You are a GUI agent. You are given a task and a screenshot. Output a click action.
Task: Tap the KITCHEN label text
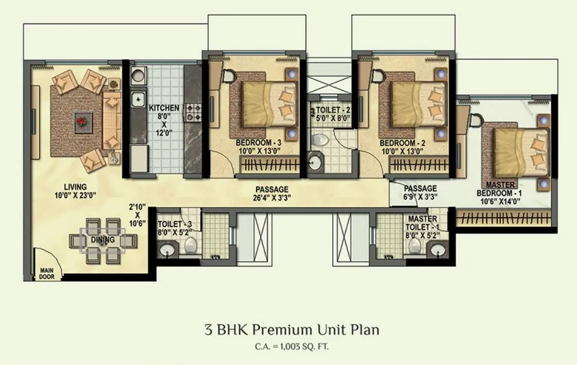[164, 108]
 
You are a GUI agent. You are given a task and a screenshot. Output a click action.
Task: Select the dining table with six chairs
[104, 239]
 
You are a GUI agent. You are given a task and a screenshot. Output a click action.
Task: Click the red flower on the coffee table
[81, 121]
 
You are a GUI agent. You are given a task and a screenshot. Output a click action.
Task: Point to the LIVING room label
[75, 186]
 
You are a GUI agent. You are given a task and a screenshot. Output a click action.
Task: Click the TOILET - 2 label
[330, 109]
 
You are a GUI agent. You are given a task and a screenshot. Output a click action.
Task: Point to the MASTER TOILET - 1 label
[422, 223]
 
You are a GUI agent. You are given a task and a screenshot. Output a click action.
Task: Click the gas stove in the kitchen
[193, 113]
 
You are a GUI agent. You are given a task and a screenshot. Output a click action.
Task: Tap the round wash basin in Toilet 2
[314, 164]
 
